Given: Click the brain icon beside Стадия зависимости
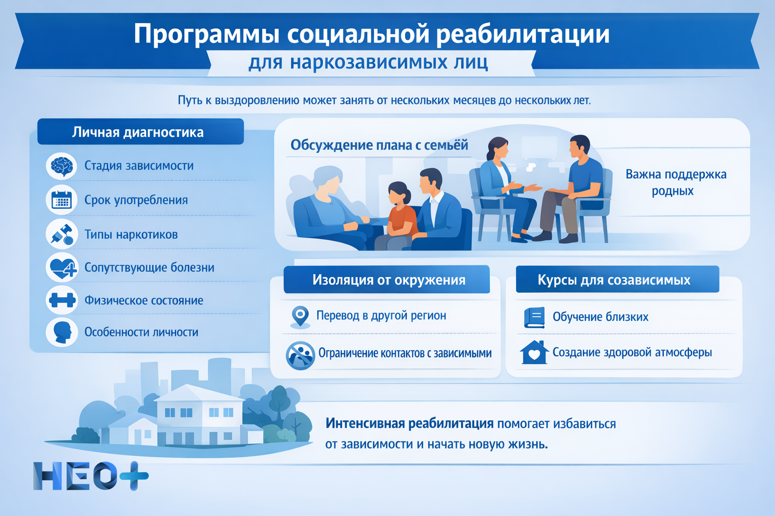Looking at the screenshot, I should coord(62,166).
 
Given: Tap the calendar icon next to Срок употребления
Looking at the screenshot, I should coord(62,200).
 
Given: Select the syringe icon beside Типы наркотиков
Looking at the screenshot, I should coord(62,234).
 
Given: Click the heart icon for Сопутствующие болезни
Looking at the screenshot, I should coord(62,268).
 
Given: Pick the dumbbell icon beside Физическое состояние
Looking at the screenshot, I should coord(62,300).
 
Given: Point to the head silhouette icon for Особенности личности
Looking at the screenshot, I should coord(62,332).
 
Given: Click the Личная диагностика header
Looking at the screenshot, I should coord(138,132).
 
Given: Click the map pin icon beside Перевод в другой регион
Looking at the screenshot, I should coord(300,316).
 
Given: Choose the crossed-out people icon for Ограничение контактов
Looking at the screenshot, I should coord(300,355).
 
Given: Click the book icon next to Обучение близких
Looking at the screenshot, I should coord(534,317).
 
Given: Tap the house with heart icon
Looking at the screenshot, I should coord(534,352).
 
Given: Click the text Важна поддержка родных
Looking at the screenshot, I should coord(675,182).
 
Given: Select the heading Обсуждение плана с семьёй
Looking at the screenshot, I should coord(379,145).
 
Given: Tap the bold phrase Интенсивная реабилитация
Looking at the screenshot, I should coord(409,423).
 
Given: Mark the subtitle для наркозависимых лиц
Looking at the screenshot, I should coord(368,62).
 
